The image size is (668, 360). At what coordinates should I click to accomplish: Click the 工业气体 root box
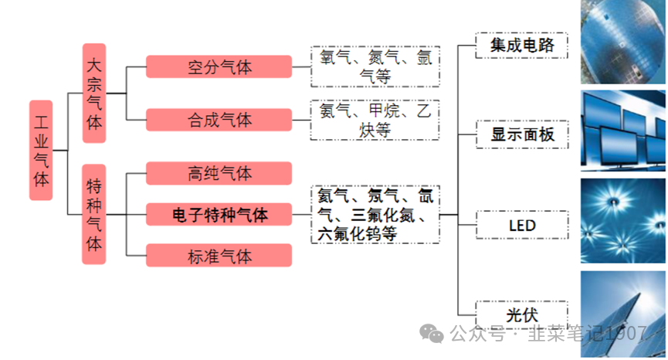[41, 150]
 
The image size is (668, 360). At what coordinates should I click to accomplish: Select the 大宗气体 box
[93, 92]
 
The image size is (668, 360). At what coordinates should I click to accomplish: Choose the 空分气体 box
[219, 66]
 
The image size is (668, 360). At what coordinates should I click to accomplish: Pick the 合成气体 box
[219, 120]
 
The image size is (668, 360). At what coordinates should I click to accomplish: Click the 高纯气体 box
[219, 173]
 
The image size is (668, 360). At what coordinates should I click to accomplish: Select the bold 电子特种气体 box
[219, 214]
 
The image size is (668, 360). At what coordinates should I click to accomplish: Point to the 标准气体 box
[219, 256]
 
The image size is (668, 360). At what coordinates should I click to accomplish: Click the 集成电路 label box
[522, 46]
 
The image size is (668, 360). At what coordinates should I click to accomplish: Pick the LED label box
[522, 226]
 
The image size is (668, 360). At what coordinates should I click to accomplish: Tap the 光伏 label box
[522, 315]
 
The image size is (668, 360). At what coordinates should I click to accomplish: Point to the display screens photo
[623, 130]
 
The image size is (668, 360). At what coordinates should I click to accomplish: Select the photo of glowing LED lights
[623, 219]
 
